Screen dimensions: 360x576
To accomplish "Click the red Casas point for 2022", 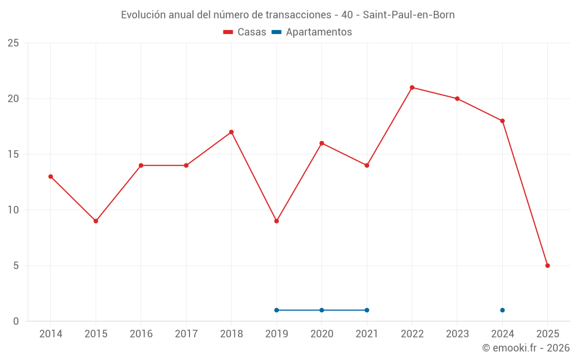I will (x=412, y=88).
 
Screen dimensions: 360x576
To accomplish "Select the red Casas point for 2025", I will (x=547, y=266).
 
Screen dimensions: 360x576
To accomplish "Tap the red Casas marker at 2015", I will (x=96, y=221).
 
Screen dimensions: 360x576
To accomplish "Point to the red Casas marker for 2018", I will (x=231, y=132).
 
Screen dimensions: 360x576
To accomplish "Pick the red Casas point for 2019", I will (x=276, y=221).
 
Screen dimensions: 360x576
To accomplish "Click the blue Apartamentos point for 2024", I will (x=502, y=310).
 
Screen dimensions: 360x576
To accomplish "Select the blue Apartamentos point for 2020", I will (x=321, y=310).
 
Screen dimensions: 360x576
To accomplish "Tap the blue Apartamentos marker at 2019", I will (x=276, y=310).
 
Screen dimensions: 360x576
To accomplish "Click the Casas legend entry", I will (x=245, y=32).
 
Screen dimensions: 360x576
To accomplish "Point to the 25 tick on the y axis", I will (x=13, y=43).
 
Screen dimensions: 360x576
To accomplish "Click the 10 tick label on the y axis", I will (x=13, y=210).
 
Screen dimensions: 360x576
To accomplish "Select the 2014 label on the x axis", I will (x=51, y=334).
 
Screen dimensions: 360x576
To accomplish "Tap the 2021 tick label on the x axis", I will (x=367, y=334).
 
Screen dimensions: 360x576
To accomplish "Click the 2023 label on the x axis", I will (x=457, y=334).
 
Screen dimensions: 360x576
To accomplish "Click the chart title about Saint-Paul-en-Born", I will (x=287, y=15).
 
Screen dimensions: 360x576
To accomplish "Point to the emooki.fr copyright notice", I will (x=525, y=348).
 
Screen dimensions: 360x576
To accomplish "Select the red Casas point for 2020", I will (x=321, y=143).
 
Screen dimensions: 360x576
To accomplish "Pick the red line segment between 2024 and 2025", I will (x=525, y=193).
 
